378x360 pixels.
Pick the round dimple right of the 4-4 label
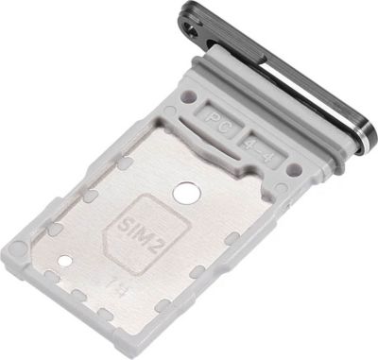pyautogui.click(x=294, y=168)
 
